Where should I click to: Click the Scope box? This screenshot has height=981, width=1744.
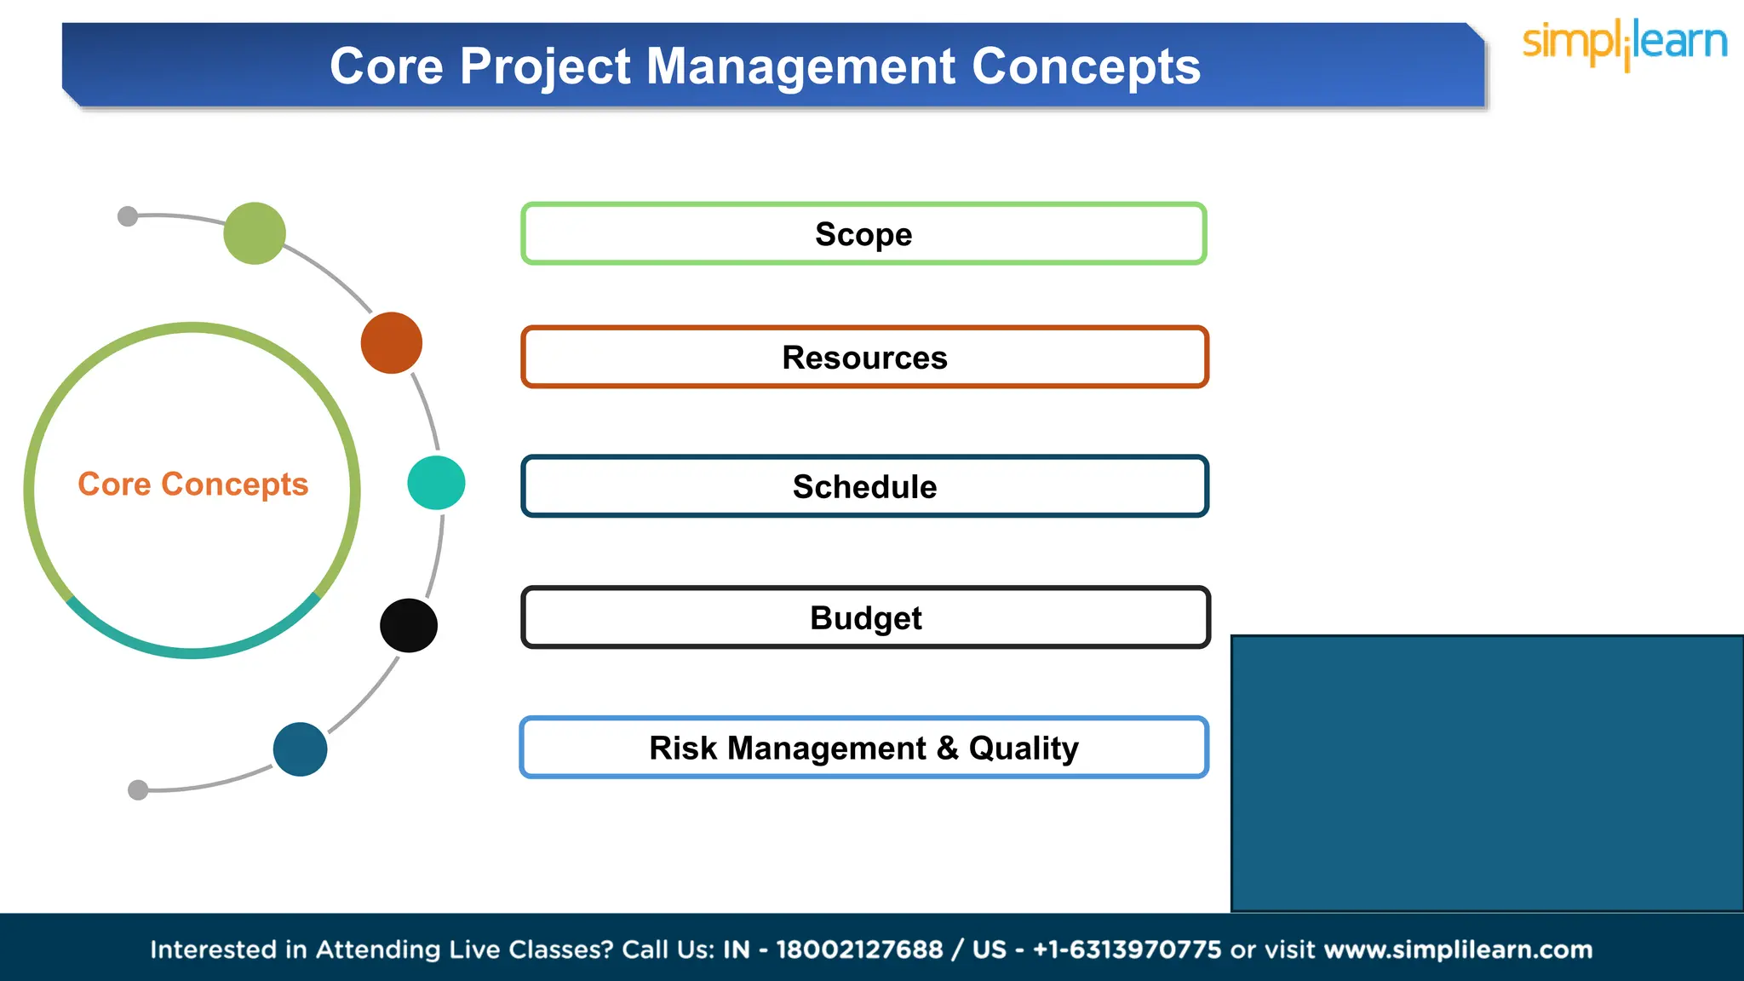[x=863, y=234]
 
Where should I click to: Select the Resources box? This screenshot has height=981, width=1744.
[x=864, y=358]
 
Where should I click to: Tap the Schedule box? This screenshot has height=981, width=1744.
[x=864, y=486]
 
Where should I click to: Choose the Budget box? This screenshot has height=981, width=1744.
[x=865, y=617]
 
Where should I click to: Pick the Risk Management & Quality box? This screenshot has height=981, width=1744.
[x=863, y=748]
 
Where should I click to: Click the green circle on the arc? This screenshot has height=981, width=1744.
[x=255, y=233]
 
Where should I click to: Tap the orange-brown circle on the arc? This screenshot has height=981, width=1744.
[x=392, y=343]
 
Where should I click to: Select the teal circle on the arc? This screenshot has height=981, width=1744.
[x=436, y=483]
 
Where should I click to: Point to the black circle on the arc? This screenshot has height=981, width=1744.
[x=409, y=626]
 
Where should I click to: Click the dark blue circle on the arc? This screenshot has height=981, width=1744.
[x=300, y=749]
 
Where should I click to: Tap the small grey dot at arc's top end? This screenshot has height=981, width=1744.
[x=128, y=216]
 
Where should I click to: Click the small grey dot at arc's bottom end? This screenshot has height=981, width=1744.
[x=138, y=790]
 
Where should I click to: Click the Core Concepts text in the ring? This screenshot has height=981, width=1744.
[x=193, y=484]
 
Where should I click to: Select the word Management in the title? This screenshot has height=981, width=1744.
[x=800, y=66]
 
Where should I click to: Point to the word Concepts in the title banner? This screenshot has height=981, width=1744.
[x=1086, y=66]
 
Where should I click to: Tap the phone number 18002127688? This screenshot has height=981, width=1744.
[x=859, y=949]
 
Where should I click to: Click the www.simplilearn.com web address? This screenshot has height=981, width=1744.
[x=1458, y=949]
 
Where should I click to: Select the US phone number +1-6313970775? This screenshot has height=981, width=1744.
[x=1127, y=949]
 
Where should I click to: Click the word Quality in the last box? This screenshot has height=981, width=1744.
[x=1024, y=748]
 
